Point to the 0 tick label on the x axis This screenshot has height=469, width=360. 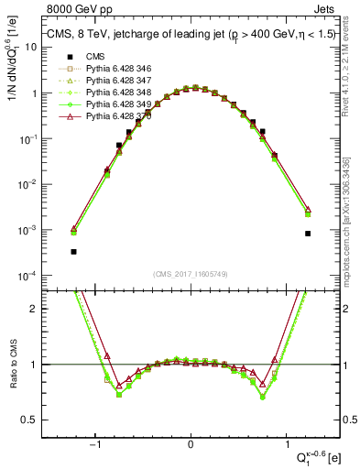point(191,444)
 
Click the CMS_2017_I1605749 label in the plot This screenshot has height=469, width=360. point(191,274)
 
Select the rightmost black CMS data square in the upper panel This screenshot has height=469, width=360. point(308,234)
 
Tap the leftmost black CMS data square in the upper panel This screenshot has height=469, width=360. point(73,251)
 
